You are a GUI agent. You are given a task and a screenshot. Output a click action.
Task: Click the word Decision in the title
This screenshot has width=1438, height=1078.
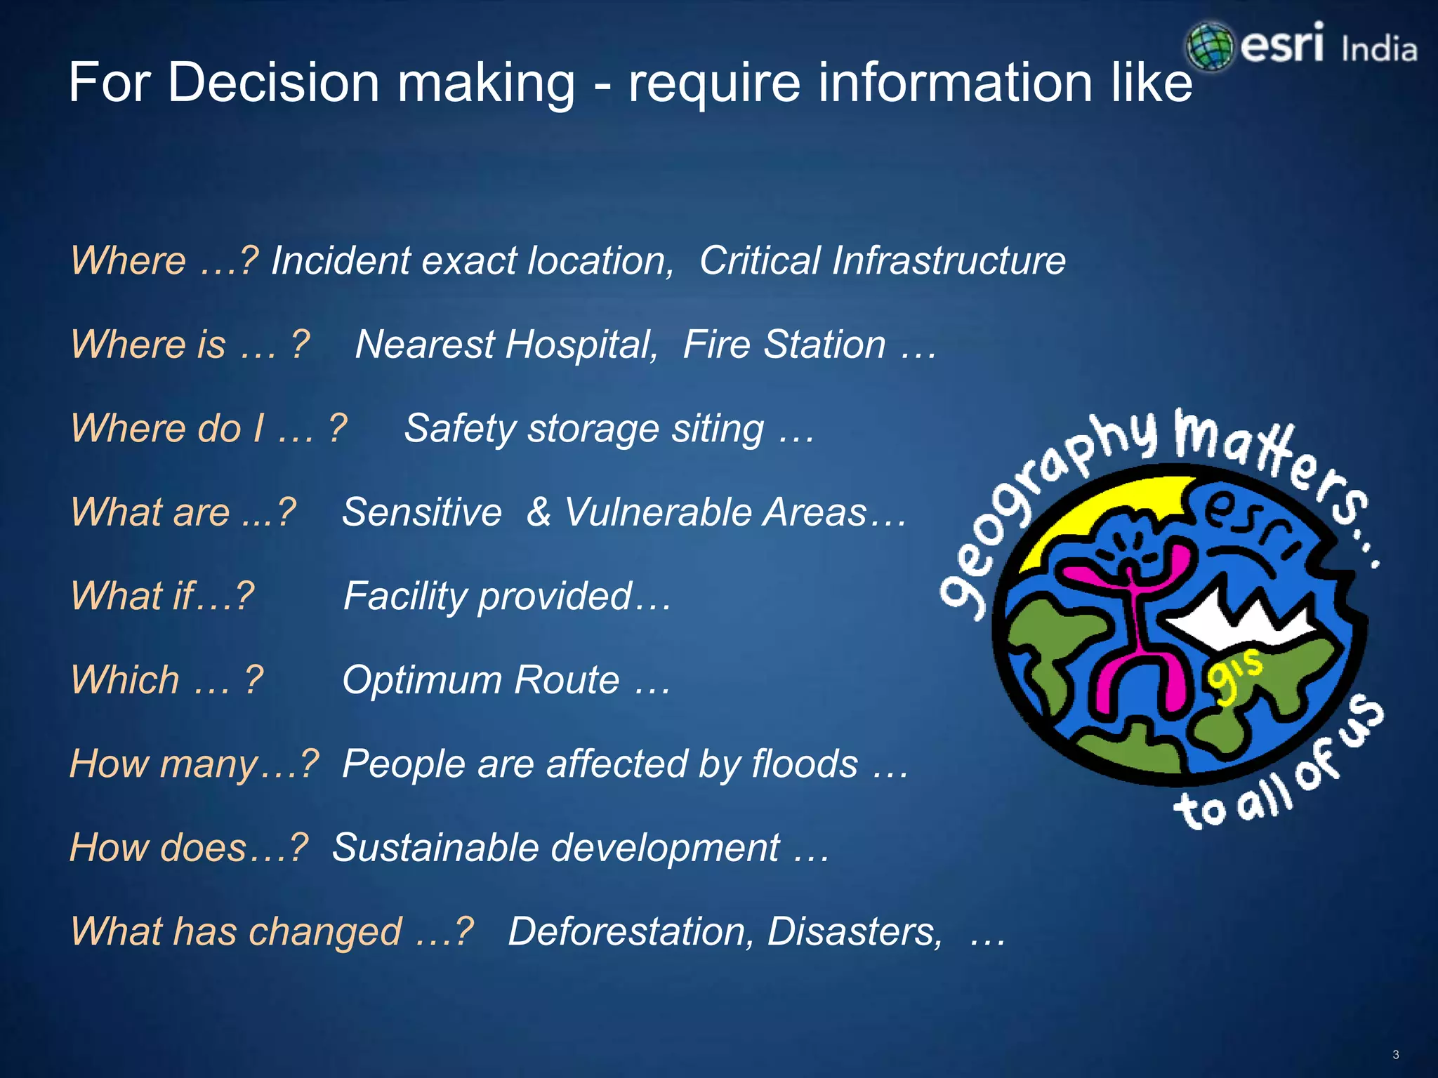(x=274, y=83)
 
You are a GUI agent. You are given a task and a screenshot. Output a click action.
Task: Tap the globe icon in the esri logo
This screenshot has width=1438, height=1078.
(x=1209, y=46)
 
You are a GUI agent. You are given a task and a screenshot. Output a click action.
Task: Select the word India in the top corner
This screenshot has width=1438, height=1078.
(x=1378, y=50)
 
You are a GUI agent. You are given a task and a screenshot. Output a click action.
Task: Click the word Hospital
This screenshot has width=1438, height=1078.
(x=581, y=345)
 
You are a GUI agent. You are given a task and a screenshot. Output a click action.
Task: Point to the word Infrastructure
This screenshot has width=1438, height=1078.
(x=949, y=261)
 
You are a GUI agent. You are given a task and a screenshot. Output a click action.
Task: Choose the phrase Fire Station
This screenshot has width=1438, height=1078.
(x=784, y=345)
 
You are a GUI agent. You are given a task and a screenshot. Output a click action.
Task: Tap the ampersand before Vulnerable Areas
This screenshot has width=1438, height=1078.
(x=539, y=512)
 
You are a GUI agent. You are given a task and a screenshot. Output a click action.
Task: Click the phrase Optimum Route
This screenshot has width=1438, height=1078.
(x=481, y=679)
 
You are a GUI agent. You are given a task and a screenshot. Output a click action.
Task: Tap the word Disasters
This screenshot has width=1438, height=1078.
(x=855, y=931)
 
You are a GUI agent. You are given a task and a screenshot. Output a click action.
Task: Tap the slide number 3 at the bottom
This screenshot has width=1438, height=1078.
(x=1396, y=1055)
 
